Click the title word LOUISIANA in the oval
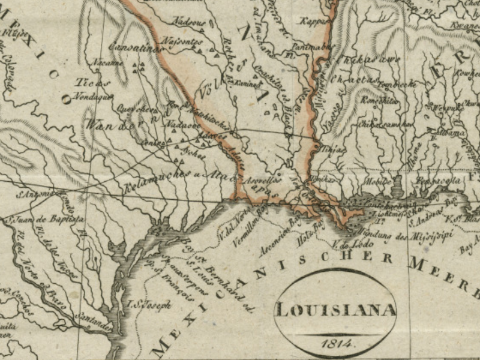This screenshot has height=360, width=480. tap(335, 310)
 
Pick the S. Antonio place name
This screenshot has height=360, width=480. tap(36, 194)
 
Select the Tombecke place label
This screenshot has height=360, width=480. tap(397, 85)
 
